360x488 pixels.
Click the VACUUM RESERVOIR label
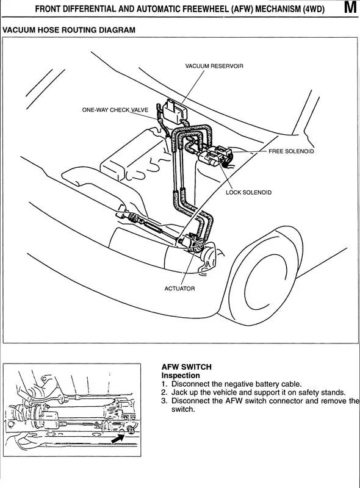coord(214,66)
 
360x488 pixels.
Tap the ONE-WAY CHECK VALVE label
coord(115,110)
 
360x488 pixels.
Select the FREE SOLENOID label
coord(291,151)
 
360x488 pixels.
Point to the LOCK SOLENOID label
coord(248,192)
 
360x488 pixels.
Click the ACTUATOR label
coord(179,289)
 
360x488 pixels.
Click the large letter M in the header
coord(350,7)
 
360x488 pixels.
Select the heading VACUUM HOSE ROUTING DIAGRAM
coord(69,30)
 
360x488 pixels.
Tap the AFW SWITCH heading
coord(187,367)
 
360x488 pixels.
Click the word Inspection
coord(181,375)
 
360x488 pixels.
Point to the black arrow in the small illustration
coord(118,439)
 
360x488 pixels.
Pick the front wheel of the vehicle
coord(265,273)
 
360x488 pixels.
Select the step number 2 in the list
coord(164,392)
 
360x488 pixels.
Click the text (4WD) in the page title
coord(314,9)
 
